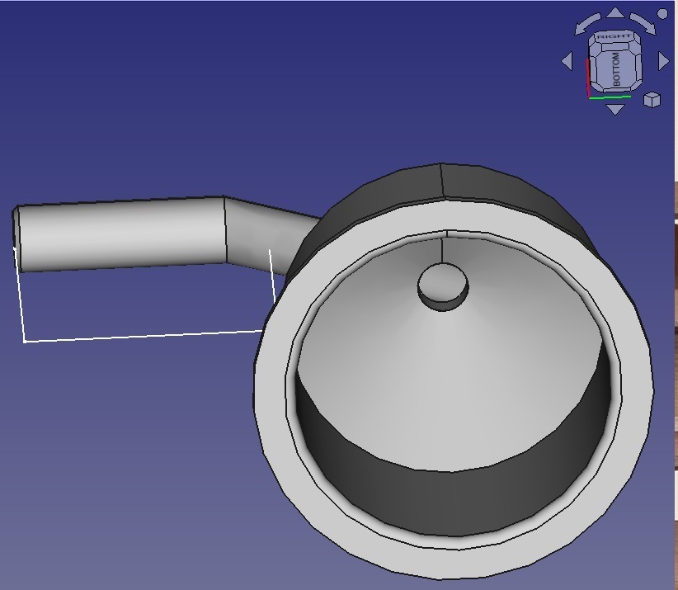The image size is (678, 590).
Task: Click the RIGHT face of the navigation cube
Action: [x=614, y=37]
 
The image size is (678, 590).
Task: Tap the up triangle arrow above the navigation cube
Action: [x=615, y=12]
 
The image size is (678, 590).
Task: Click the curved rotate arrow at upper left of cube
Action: [x=588, y=23]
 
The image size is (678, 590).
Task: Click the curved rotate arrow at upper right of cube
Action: [x=643, y=23]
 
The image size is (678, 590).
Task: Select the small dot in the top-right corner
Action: [x=662, y=14]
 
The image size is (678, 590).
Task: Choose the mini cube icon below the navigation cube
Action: [x=652, y=100]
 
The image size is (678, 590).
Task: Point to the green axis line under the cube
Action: [x=610, y=97]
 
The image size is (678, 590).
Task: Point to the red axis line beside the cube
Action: [x=587, y=78]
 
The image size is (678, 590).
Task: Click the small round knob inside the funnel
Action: [x=443, y=285]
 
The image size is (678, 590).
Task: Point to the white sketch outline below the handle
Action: [x=140, y=336]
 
